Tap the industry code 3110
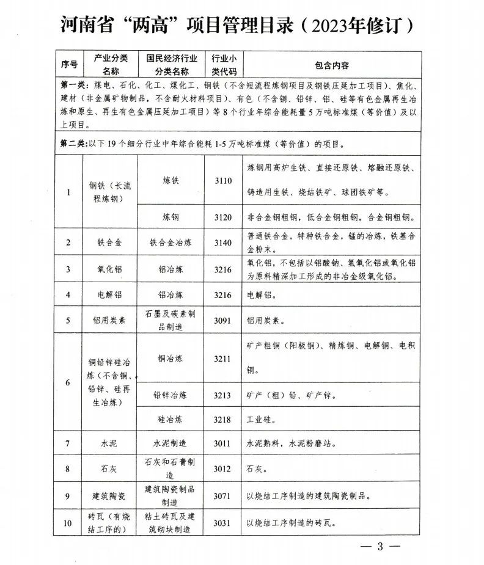223,181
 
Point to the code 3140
223,242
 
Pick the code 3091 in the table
223,319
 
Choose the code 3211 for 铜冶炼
223,359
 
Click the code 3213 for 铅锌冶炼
223,395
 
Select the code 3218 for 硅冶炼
223,420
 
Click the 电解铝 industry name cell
110,294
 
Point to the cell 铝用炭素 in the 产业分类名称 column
110,319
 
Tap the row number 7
68,443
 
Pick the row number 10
68,523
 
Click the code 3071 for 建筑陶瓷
223,495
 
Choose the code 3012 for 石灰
223,468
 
